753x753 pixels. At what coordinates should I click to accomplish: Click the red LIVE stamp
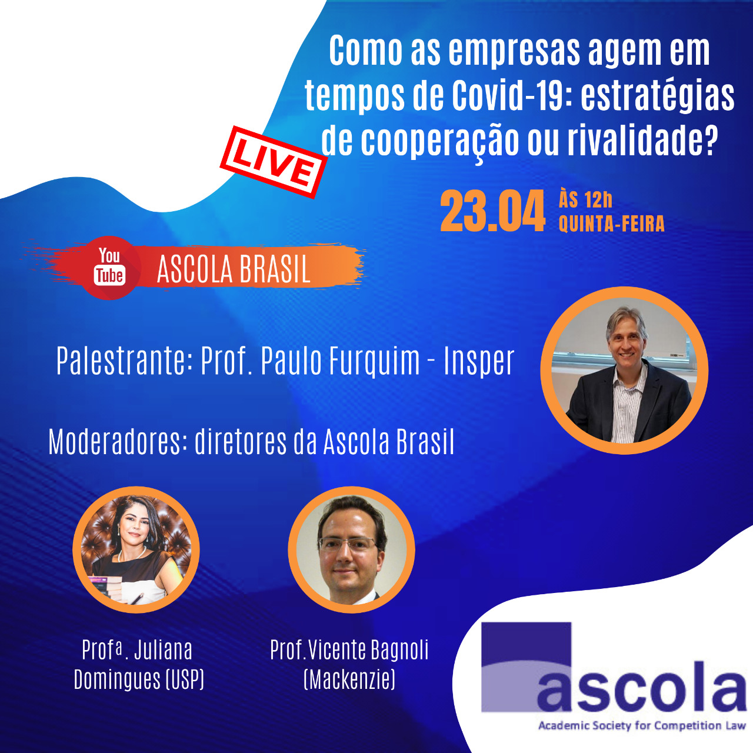tap(274, 162)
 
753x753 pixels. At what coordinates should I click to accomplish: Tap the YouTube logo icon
tap(110, 268)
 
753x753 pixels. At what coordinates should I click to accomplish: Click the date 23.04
tap(492, 211)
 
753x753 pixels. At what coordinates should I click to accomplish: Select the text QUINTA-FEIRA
tap(612, 224)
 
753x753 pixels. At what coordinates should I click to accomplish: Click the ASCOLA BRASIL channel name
tap(234, 269)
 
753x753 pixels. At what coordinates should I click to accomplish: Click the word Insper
tap(479, 361)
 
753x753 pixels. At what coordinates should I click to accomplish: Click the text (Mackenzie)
tap(349, 679)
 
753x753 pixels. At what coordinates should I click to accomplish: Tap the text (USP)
tap(185, 679)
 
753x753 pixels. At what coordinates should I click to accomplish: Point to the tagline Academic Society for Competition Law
tap(642, 726)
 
